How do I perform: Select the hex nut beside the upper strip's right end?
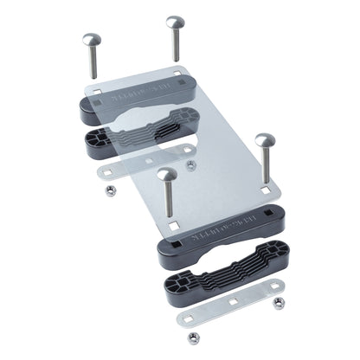point(188,162)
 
